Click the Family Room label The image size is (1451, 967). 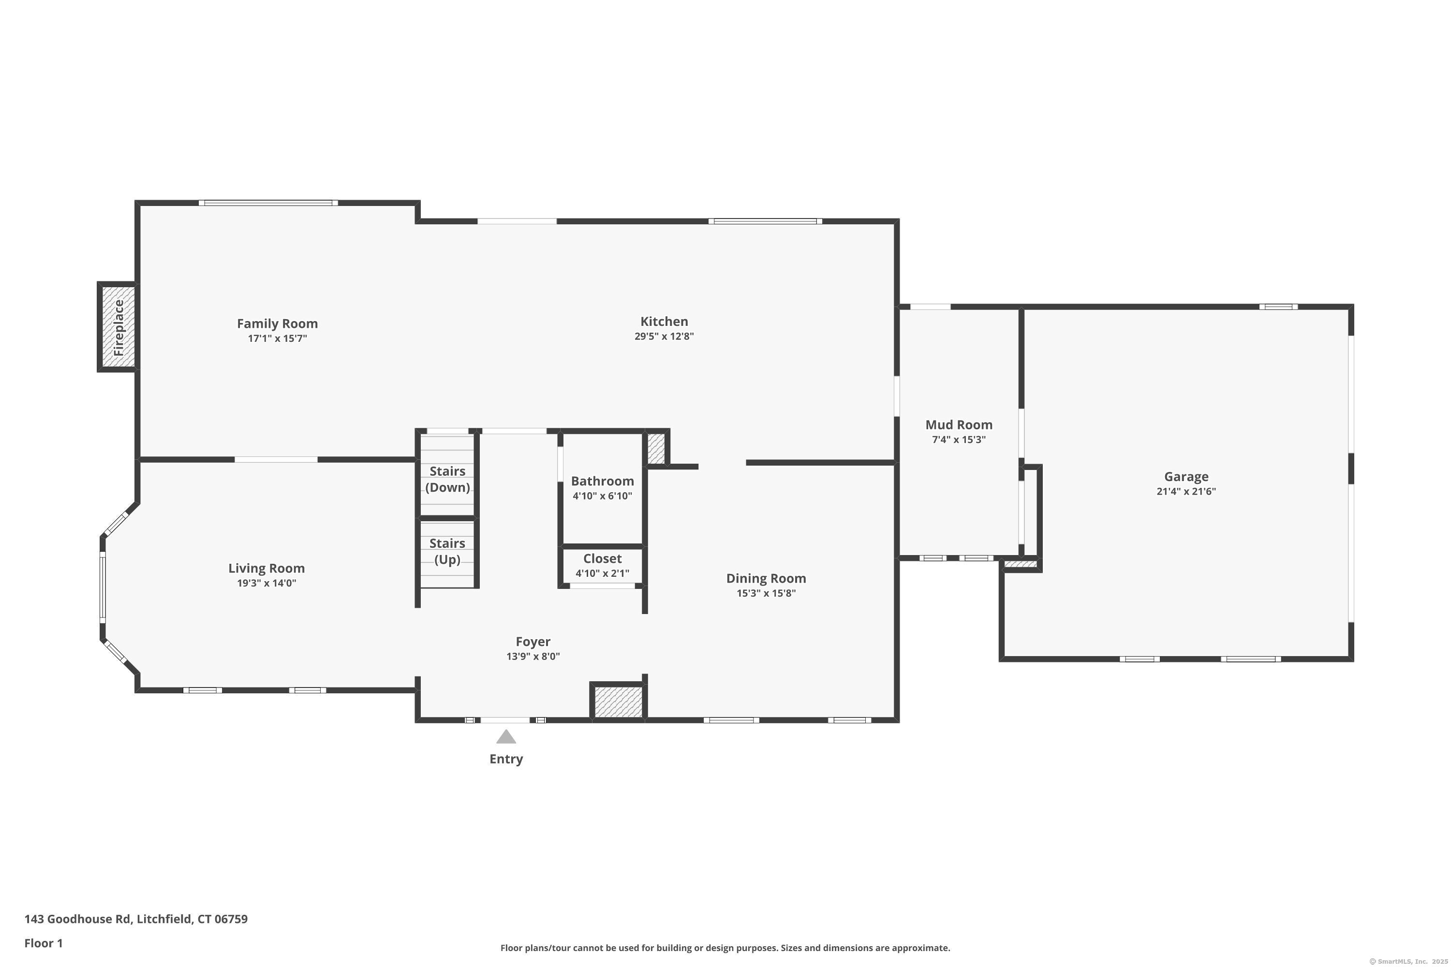(x=277, y=324)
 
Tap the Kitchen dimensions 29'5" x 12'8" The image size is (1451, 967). (x=664, y=337)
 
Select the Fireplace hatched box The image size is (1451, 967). (x=118, y=327)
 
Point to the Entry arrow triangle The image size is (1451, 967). (x=506, y=736)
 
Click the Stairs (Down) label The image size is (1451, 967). (x=447, y=479)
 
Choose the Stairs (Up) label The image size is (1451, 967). (x=447, y=551)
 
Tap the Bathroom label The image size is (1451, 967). (x=602, y=481)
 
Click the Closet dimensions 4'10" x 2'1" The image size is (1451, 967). (x=602, y=573)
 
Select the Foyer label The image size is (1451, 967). (x=533, y=642)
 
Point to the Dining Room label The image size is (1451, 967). (x=766, y=578)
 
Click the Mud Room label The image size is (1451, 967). (x=959, y=425)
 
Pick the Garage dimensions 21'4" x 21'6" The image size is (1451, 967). (x=1186, y=492)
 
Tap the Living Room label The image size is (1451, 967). (x=267, y=569)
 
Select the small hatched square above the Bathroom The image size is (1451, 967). (x=656, y=449)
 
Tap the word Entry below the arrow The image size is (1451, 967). (x=506, y=759)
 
